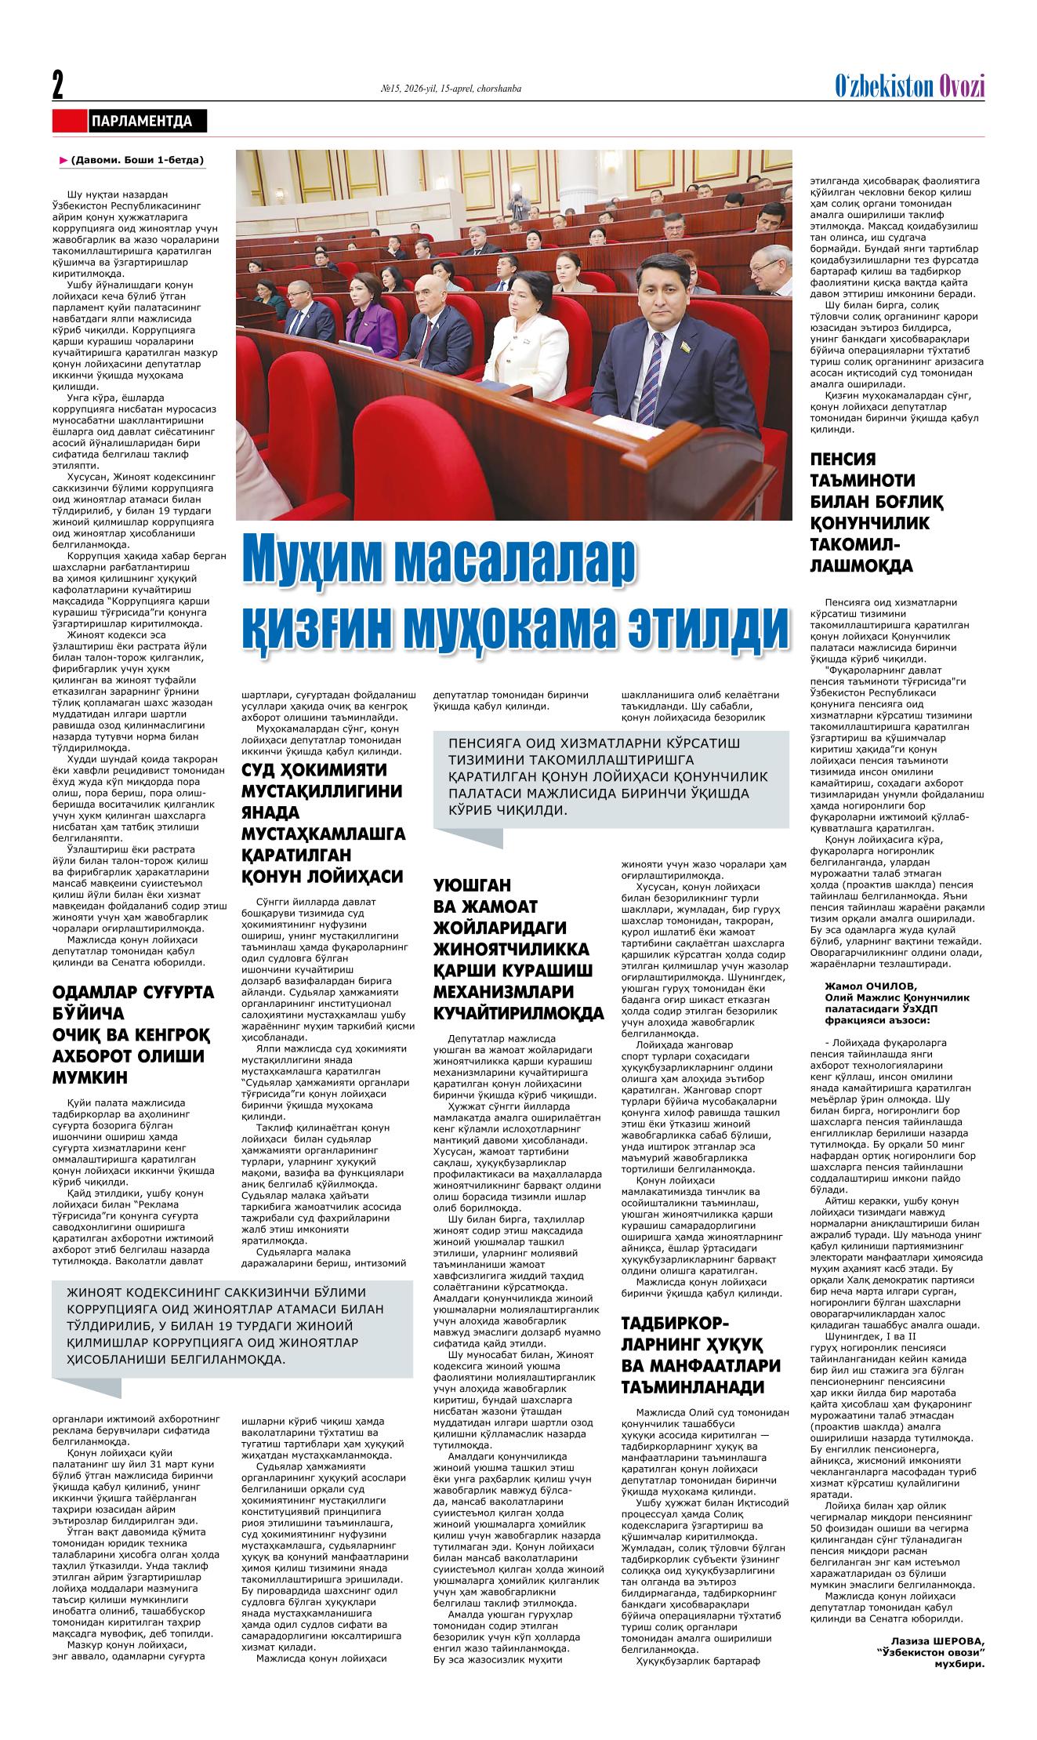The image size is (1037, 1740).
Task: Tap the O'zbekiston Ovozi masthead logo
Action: tap(910, 87)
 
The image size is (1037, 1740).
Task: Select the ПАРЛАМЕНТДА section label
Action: tap(142, 122)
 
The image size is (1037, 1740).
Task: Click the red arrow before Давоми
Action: tap(63, 161)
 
